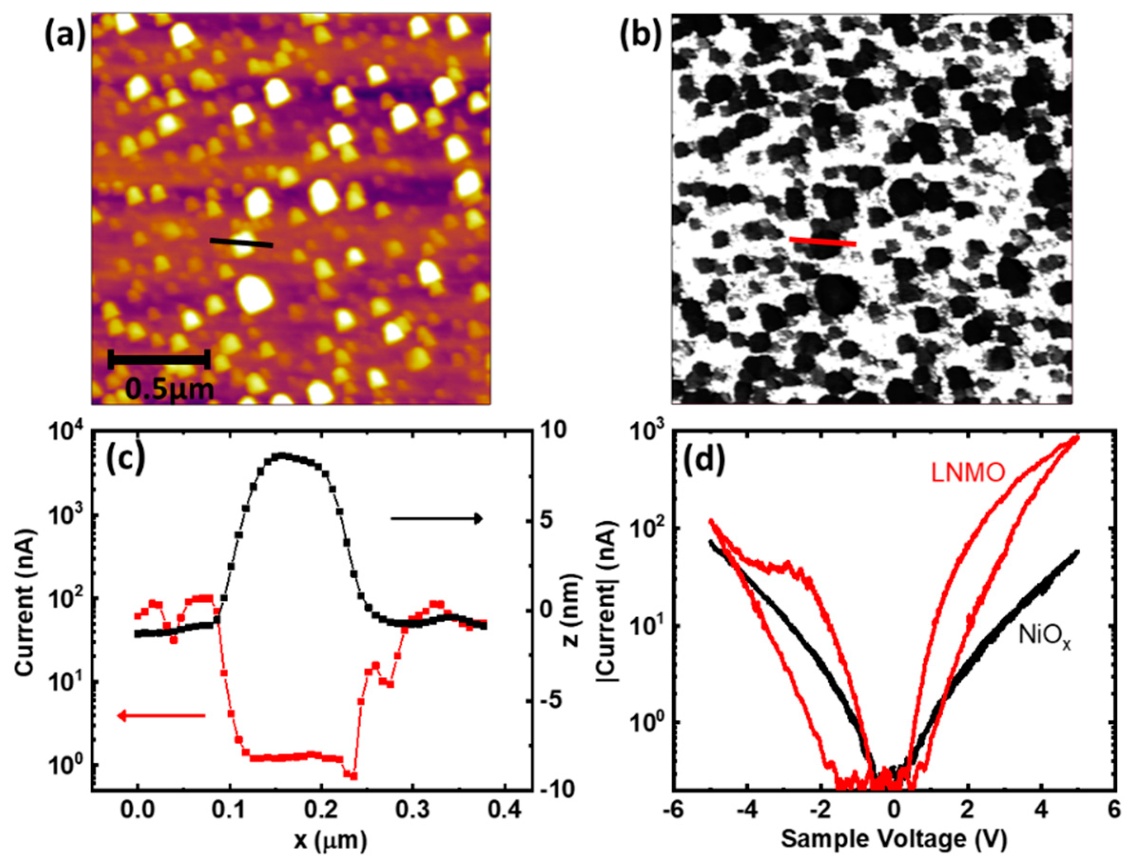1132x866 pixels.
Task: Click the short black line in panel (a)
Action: [241, 243]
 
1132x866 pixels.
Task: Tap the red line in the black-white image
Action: [822, 241]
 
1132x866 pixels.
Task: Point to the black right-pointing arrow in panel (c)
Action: [436, 518]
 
